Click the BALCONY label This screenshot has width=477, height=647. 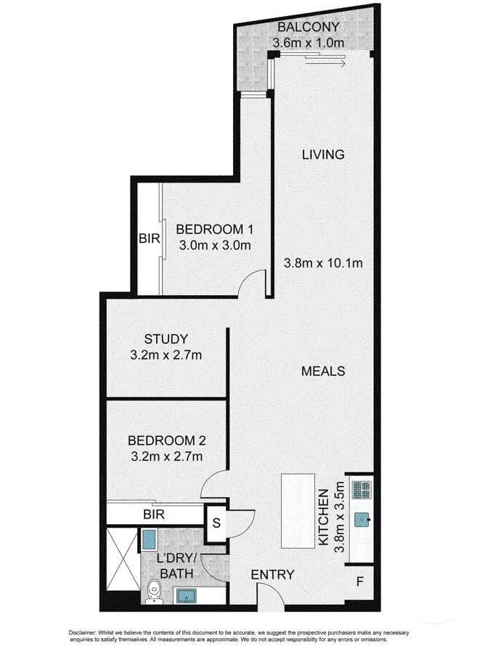coord(306,28)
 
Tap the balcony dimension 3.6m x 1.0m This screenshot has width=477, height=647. coord(306,43)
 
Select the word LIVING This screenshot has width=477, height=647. coord(322,154)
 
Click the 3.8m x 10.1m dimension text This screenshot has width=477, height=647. coord(322,263)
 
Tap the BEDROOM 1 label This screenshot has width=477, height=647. coord(214,230)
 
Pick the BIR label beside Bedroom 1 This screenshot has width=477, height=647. coord(147,238)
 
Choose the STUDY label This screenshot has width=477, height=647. coord(166,339)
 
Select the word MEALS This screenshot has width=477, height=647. coord(322,371)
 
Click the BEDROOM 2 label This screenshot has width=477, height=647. coord(166,441)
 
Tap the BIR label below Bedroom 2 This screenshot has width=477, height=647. coord(152,514)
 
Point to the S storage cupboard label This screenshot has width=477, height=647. coord(216,523)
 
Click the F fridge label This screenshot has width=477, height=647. coord(359,582)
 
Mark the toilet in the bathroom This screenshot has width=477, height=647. coord(152,591)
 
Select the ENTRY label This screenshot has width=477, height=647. coord(272,575)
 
